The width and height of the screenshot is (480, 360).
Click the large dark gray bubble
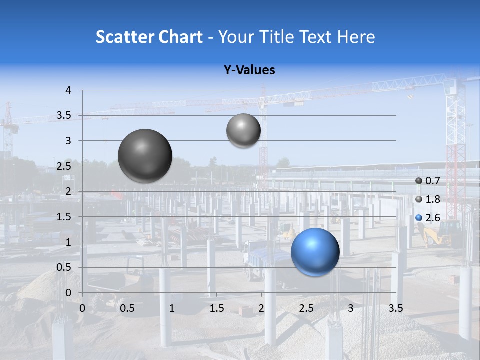tap(145, 156)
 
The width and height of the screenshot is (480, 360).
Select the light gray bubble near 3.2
tap(243, 131)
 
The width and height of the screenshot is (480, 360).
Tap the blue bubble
tap(315, 252)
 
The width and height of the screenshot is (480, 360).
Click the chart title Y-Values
tap(249, 70)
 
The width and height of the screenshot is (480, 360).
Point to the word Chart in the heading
tap(181, 37)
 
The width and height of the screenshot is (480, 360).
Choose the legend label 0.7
tap(432, 181)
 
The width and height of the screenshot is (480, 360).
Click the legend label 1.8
tap(432, 199)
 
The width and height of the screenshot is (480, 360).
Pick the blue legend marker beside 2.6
tap(419, 218)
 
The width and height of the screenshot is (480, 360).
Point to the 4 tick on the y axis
tap(69, 90)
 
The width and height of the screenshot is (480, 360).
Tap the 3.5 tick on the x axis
tap(395, 308)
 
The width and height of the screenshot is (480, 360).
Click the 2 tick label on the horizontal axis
tap(261, 308)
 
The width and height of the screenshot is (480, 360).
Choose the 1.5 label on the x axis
tap(216, 308)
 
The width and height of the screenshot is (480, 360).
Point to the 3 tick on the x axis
tap(351, 308)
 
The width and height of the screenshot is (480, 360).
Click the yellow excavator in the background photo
tap(440, 233)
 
